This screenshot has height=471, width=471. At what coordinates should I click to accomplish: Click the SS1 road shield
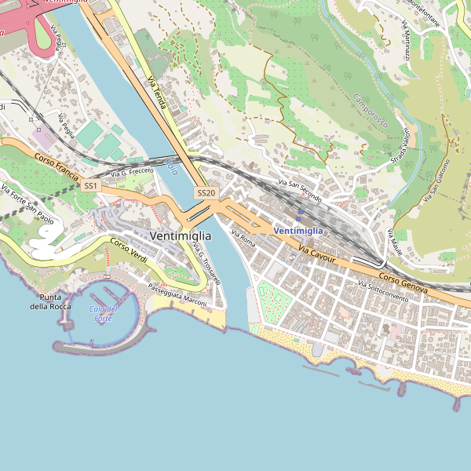tap(91, 186)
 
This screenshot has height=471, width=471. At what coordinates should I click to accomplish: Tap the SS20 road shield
tap(206, 192)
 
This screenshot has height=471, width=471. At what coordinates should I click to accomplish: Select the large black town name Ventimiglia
tap(179, 235)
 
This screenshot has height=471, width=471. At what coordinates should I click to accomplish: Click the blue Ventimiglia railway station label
tap(298, 230)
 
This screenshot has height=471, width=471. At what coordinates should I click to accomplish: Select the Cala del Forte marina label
tap(104, 313)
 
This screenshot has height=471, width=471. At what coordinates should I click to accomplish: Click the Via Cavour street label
tap(317, 253)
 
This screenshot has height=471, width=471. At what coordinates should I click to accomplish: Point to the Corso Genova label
tap(403, 283)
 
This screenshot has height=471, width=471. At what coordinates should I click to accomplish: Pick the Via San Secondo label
tap(299, 191)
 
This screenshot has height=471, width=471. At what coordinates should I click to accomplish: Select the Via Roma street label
tap(243, 237)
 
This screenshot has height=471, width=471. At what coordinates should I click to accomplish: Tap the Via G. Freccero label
tap(132, 170)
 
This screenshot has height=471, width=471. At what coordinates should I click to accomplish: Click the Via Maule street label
tap(395, 241)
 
